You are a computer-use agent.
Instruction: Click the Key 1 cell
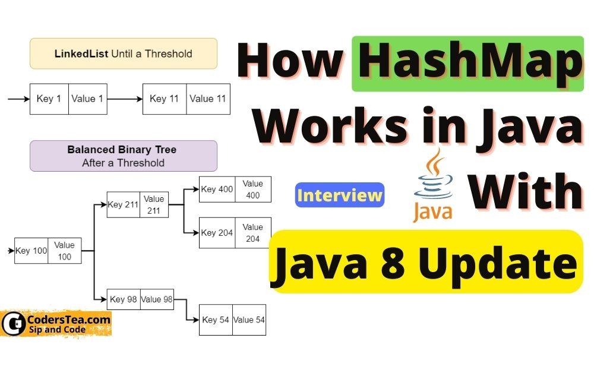49,99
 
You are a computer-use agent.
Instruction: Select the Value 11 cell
208,99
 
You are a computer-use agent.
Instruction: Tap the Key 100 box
31,251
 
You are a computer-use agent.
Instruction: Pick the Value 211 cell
154,204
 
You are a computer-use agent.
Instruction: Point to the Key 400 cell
217,189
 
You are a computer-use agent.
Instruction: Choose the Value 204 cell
252,232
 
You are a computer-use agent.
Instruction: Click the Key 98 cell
124,299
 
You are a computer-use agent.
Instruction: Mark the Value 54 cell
249,320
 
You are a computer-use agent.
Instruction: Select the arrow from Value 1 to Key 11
125,99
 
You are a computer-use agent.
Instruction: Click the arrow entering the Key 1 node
18,99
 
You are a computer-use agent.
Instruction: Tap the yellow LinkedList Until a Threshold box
124,53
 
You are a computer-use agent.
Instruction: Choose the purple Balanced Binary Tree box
124,156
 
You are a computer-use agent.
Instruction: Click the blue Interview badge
340,195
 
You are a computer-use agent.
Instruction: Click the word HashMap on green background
467,64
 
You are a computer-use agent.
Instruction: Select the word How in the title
290,64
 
